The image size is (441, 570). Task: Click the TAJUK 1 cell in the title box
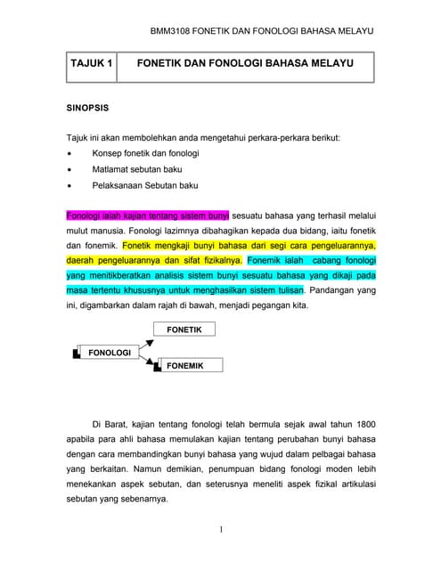[x=93, y=65]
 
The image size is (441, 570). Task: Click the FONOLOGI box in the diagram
[x=110, y=353]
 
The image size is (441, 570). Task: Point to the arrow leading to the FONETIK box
[x=146, y=339]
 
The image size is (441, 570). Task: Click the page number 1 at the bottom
[x=220, y=531]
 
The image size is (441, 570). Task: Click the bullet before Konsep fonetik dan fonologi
[x=69, y=154]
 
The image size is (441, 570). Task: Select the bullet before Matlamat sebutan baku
[x=69, y=170]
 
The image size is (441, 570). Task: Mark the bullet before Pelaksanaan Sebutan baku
[x=69, y=186]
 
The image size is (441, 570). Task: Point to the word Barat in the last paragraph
[x=123, y=423]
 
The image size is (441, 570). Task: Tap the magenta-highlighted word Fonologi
[x=86, y=215]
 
